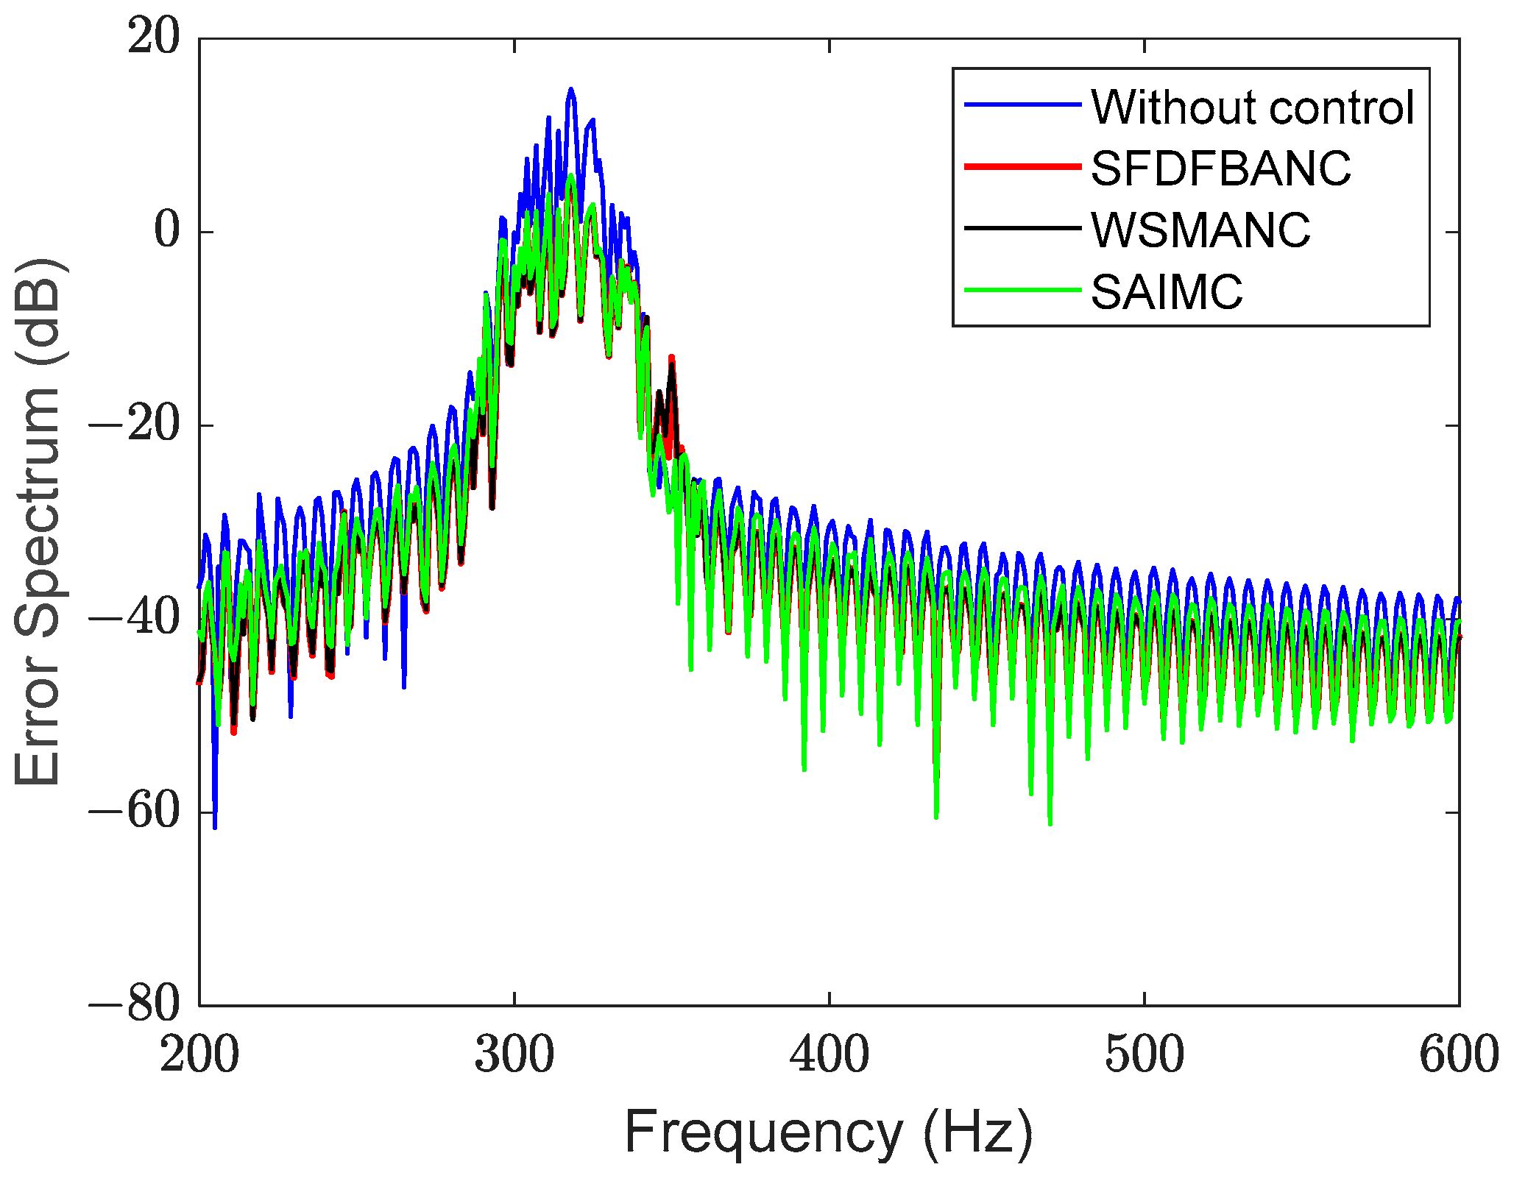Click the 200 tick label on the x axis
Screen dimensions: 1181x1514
pyautogui.click(x=199, y=1054)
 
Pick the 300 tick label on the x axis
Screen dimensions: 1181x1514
pyautogui.click(x=514, y=1054)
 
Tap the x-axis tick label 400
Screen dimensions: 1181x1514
pyautogui.click(x=829, y=1054)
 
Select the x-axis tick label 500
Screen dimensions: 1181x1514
pyautogui.click(x=1145, y=1054)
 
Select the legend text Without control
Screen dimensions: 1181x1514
pyautogui.click(x=1252, y=107)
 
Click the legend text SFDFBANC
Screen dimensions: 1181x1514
pyautogui.click(x=1220, y=169)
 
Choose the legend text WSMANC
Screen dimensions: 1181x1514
pyautogui.click(x=1200, y=230)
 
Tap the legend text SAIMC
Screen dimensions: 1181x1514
pyautogui.click(x=1167, y=291)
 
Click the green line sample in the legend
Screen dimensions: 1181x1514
pyautogui.click(x=1022, y=291)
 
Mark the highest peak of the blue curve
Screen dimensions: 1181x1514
pyautogui.click(x=570, y=89)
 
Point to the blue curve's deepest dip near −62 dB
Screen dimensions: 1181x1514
pyautogui.click(x=215, y=828)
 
